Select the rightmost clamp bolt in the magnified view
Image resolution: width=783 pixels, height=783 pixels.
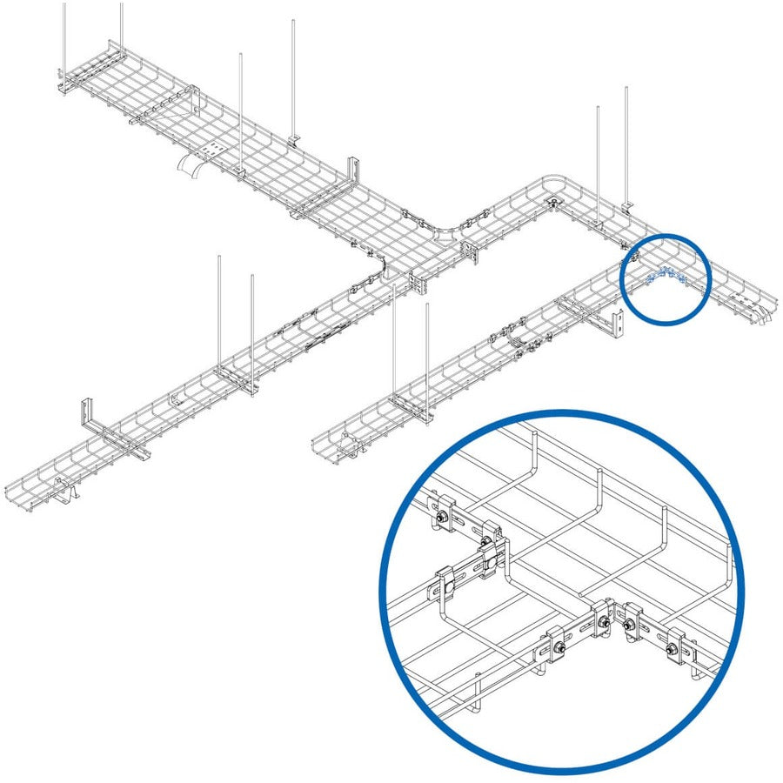[x=671, y=650]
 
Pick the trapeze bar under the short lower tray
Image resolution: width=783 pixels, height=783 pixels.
[x=409, y=402]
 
